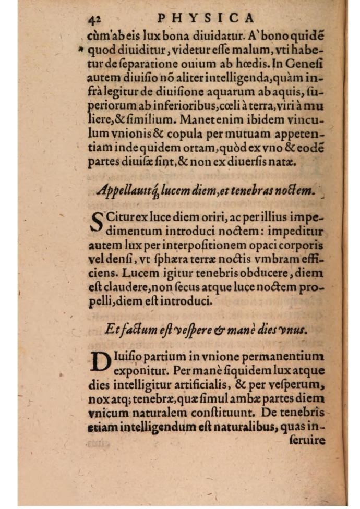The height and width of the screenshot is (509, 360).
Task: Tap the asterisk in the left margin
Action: click(81, 50)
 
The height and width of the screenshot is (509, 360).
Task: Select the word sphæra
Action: click(182, 259)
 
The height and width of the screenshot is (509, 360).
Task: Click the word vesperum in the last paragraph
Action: click(298, 386)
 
